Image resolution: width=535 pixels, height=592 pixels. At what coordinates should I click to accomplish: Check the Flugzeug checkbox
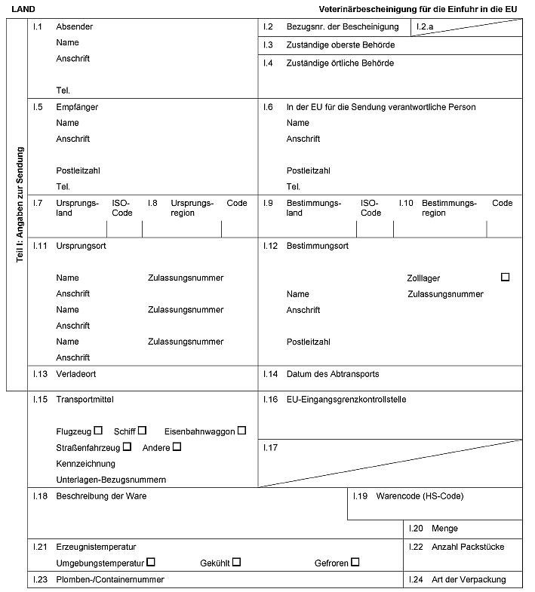98,431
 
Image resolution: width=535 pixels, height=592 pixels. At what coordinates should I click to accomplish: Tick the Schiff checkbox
142,431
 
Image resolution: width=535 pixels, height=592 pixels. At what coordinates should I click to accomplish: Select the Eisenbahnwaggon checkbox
241,431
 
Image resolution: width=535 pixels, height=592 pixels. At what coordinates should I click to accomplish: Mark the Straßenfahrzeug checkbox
127,446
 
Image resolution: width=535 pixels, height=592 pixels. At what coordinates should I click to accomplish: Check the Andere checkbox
177,446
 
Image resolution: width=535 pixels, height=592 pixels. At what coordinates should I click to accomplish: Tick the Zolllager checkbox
505,278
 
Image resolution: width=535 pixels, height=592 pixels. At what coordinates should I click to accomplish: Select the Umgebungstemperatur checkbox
151,562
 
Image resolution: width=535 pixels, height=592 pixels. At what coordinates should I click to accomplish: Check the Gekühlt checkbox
236,562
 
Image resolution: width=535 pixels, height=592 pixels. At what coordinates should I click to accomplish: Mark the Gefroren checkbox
355,562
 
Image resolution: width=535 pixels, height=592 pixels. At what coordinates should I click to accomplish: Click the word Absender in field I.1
75,27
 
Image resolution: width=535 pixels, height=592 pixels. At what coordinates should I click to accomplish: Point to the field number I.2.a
426,27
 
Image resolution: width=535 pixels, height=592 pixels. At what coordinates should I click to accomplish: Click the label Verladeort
75,374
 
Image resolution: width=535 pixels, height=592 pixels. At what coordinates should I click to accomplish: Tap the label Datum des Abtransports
333,374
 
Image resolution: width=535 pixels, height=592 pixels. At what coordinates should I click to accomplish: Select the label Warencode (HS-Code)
420,496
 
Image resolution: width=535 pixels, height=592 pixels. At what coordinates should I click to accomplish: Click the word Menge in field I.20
444,529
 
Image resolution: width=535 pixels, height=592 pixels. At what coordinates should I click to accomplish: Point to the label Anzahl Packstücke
468,547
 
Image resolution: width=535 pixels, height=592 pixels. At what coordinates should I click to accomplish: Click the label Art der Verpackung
469,580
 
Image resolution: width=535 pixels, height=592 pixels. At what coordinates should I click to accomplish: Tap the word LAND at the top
23,8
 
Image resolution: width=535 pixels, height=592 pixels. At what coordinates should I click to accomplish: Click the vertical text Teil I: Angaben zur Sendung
20,204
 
